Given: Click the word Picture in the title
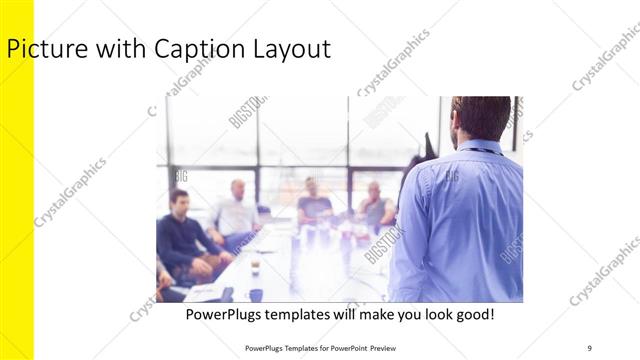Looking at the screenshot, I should pos(41,49).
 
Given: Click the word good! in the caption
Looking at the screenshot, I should pos(473,315).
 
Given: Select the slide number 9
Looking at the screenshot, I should pos(589,347).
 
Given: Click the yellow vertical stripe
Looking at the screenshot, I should pos(17,200).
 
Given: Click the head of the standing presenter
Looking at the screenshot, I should pos(481,118).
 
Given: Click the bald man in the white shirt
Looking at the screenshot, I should pos(237,210).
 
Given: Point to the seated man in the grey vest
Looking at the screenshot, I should pos(375,204).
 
